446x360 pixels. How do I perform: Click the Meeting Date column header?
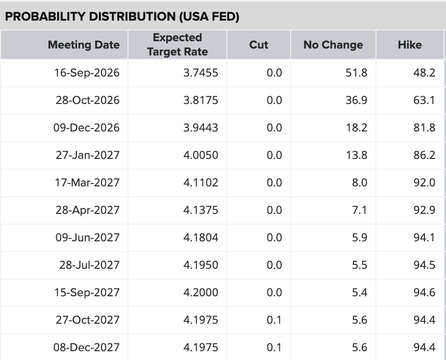tap(84, 45)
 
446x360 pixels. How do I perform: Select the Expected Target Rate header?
tap(177, 45)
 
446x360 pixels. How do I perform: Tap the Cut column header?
tap(259, 45)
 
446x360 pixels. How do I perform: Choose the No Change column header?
tap(333, 45)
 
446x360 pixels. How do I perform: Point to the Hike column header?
tap(410, 45)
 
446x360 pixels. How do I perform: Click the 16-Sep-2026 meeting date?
tap(87, 73)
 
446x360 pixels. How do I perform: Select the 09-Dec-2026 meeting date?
tap(86, 128)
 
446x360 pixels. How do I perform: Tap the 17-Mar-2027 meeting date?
tap(87, 183)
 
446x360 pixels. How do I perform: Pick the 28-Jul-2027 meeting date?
tap(89, 265)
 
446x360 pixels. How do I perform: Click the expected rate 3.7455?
tap(200, 73)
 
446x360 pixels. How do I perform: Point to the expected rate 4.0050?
tap(200, 155)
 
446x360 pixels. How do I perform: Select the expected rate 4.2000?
tap(200, 292)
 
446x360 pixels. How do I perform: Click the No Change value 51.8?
tap(356, 73)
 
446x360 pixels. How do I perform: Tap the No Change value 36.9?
tap(356, 100)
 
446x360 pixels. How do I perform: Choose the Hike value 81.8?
tap(424, 128)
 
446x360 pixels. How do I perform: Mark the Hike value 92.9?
tap(424, 210)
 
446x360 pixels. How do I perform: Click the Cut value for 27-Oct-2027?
tap(274, 320)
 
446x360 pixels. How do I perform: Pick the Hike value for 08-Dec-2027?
tap(424, 347)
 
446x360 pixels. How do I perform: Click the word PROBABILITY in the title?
tap(45, 17)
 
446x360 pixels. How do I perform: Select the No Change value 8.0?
tap(360, 183)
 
